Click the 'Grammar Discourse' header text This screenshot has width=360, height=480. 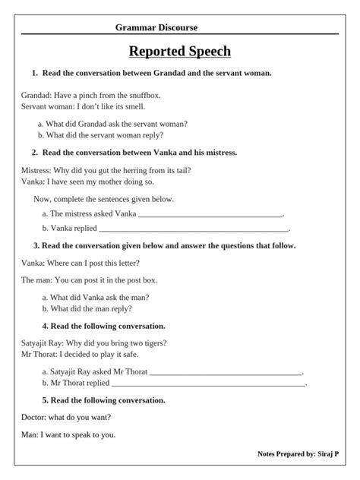click(156, 27)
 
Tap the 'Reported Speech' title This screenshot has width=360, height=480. click(180, 52)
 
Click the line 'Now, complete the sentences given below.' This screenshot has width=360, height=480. click(104, 199)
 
